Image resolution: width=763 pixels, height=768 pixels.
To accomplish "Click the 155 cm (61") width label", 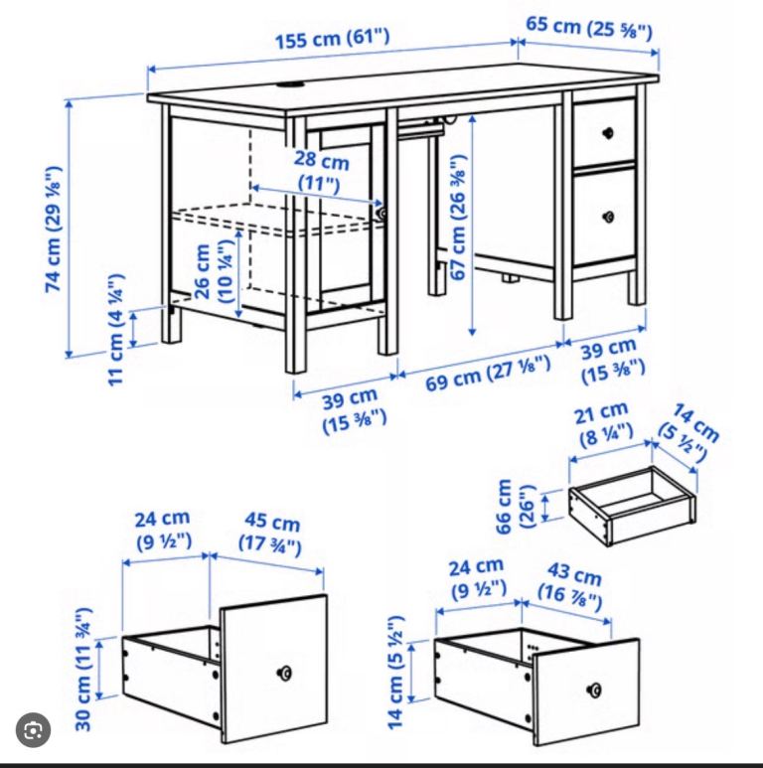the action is tap(333, 38).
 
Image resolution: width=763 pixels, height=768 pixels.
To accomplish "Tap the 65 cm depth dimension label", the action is tap(589, 28).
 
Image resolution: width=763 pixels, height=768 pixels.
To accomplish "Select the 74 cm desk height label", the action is tap(54, 230).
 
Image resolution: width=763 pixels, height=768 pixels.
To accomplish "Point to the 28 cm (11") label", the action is tap(321, 171).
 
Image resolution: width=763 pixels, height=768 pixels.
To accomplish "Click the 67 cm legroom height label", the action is tap(458, 218).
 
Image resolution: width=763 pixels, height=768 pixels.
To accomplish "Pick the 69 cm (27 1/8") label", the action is tap(488, 374).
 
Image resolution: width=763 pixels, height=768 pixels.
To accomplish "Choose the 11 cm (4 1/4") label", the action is tap(115, 330).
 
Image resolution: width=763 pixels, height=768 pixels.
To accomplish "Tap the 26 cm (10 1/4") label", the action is tap(214, 271).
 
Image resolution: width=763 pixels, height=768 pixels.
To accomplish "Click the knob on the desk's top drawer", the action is tap(608, 132).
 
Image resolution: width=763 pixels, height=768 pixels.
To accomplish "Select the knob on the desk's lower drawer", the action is tap(609, 216).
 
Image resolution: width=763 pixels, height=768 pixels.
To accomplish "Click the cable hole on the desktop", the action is tap(291, 84).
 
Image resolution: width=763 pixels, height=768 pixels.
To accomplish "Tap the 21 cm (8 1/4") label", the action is tap(603, 424).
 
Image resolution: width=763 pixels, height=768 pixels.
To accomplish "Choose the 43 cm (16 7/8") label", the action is tap(571, 587).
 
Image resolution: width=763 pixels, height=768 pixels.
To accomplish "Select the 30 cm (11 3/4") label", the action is tap(83, 669).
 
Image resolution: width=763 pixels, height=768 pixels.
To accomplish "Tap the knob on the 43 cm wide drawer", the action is tap(594, 691).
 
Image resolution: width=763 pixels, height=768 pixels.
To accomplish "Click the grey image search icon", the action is tap(34, 730).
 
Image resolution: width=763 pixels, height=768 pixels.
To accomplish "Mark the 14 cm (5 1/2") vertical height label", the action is tap(395, 672).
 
